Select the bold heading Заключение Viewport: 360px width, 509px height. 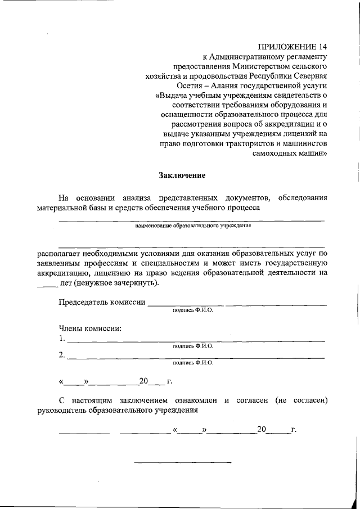pyautogui.click(x=182, y=175)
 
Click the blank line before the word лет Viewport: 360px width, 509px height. pyautogui.click(x=47, y=285)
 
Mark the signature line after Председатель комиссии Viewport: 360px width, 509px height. pyautogui.click(x=236, y=306)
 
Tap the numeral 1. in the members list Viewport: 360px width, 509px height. pyautogui.click(x=61, y=339)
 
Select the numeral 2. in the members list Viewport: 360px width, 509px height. pyautogui.click(x=61, y=355)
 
